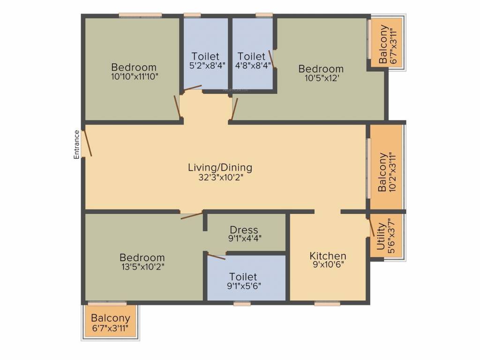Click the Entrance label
(76, 144)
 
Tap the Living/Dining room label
(220, 167)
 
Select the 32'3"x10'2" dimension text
(220, 177)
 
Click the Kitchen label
(328, 256)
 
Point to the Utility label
(381, 237)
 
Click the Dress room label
(244, 230)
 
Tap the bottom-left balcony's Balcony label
(111, 318)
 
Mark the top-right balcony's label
(384, 43)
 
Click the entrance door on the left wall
(86, 143)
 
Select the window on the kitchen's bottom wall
(327, 303)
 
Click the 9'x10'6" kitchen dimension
(328, 265)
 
